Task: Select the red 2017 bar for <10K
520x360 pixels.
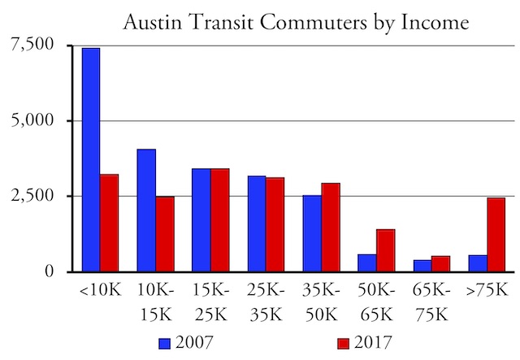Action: click(109, 223)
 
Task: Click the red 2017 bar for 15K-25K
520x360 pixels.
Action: click(220, 220)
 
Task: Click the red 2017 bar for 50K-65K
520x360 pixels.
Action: click(386, 251)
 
